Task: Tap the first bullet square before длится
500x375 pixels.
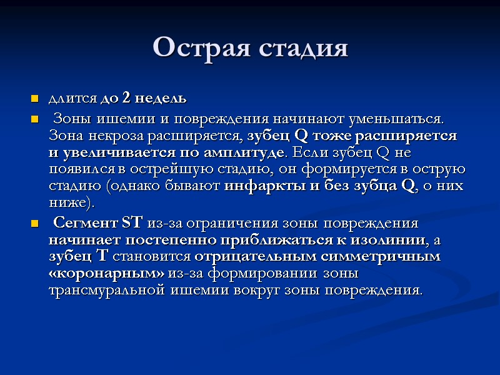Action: click(x=34, y=99)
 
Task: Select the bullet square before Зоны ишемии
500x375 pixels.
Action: click(x=34, y=119)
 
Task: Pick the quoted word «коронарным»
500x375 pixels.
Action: click(x=107, y=274)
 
